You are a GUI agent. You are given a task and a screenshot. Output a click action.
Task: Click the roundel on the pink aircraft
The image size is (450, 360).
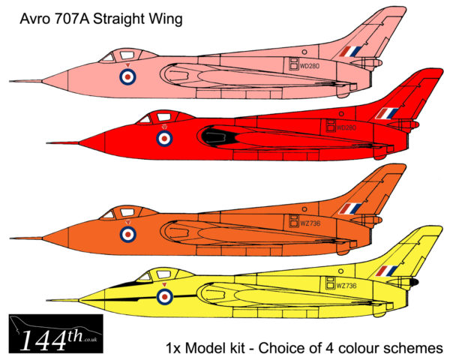click(x=128, y=75)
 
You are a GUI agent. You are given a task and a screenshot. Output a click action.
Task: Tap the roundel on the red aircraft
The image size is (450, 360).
click(x=163, y=137)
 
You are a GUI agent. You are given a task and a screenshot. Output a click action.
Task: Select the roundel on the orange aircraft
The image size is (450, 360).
click(x=128, y=234)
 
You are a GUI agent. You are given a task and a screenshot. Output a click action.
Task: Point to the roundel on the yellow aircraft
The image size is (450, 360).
click(x=164, y=296)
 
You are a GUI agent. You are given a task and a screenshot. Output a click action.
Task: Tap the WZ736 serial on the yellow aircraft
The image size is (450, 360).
click(x=346, y=286)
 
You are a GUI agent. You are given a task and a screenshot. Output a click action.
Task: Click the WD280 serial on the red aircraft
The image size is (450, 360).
click(x=346, y=127)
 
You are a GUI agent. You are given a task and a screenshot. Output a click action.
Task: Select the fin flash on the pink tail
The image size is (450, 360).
click(x=350, y=51)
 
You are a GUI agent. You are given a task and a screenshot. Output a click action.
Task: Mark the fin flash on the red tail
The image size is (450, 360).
click(x=387, y=113)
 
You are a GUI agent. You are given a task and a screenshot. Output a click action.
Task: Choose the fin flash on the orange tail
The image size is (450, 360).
click(x=350, y=209)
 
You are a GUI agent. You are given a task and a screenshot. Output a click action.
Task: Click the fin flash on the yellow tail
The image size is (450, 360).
click(x=387, y=271)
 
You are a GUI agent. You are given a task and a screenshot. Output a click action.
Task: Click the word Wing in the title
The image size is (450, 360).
click(x=164, y=20)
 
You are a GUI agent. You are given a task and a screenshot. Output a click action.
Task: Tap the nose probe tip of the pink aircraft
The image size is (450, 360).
click(x=11, y=81)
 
